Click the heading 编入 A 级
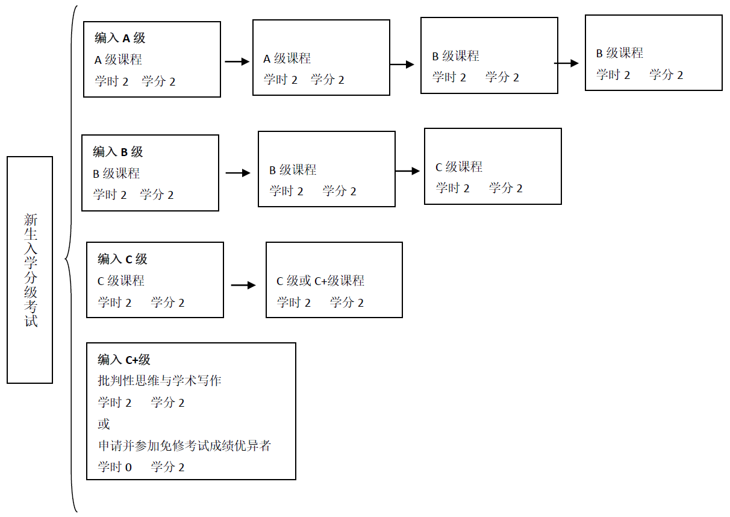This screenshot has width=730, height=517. (x=120, y=38)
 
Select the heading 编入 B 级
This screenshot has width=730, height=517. (x=117, y=152)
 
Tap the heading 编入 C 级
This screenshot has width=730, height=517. (x=122, y=259)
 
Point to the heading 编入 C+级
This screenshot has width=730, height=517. (x=124, y=360)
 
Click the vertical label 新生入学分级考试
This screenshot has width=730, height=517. (x=31, y=270)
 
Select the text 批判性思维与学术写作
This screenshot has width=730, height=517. (x=160, y=381)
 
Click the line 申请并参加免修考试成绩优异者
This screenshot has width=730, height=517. (x=184, y=446)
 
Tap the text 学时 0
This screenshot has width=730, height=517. (x=114, y=467)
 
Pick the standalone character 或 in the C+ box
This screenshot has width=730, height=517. (x=104, y=424)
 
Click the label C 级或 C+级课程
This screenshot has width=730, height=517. (x=320, y=281)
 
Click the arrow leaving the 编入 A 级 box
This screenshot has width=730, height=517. (x=237, y=61)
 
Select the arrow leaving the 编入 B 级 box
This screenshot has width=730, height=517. (x=238, y=173)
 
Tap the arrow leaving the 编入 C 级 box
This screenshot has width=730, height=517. (x=243, y=285)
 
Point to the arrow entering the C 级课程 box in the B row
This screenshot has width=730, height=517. (x=407, y=171)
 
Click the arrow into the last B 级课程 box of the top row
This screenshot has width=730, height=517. (x=566, y=63)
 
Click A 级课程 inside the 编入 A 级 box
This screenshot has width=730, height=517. (x=118, y=60)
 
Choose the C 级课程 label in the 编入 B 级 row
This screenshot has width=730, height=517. (x=459, y=167)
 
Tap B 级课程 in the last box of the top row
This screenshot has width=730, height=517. (x=620, y=53)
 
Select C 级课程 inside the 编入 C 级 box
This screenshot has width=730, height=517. (x=121, y=281)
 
